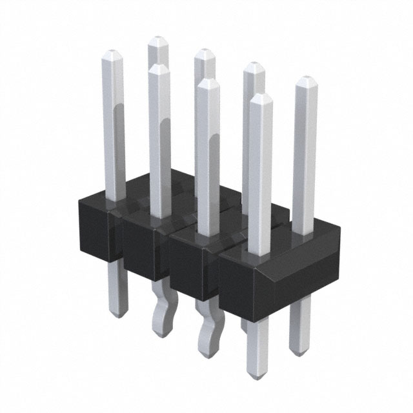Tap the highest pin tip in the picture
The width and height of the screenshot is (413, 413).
click(157, 40)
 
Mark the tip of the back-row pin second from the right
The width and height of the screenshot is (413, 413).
click(254, 65)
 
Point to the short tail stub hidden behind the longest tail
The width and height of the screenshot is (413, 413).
click(244, 326)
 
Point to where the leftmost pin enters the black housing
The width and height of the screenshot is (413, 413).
click(114, 197)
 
